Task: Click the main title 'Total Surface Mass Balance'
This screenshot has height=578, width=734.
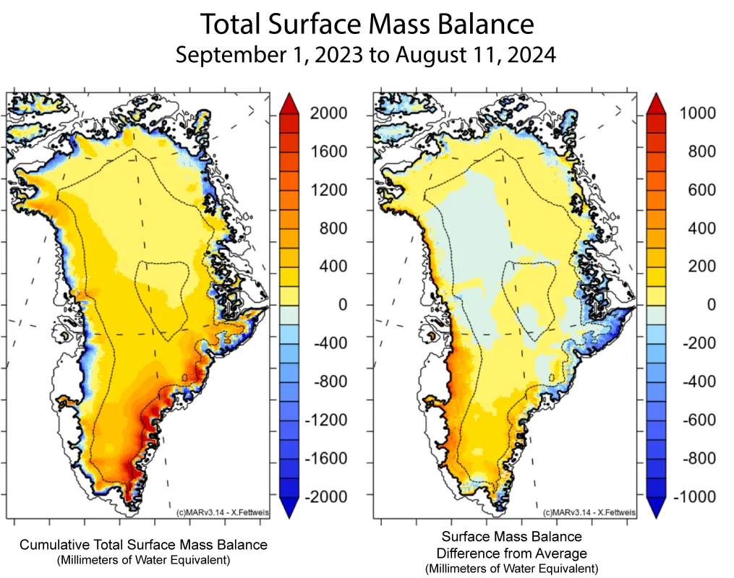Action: (367, 25)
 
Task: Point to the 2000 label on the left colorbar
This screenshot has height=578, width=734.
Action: (328, 113)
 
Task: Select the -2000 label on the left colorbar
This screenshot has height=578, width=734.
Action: (325, 497)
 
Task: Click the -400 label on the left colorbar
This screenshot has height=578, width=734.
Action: (330, 343)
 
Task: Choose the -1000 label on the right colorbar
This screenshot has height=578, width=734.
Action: (694, 497)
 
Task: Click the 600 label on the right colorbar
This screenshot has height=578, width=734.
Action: (698, 190)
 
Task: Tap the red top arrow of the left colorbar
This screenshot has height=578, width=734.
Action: (289, 103)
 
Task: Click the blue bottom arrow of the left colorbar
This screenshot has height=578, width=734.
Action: (289, 509)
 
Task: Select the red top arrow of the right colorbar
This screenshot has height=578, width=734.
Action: (657, 103)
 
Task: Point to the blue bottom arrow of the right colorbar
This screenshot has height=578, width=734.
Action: (657, 509)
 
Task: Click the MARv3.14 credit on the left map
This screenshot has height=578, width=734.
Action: (222, 512)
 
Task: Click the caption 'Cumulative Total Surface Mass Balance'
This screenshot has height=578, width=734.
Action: (143, 545)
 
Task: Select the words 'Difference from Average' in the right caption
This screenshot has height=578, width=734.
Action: (512, 553)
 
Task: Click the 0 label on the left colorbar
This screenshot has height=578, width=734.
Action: (343, 305)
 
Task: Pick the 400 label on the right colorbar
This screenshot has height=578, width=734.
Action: (698, 228)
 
